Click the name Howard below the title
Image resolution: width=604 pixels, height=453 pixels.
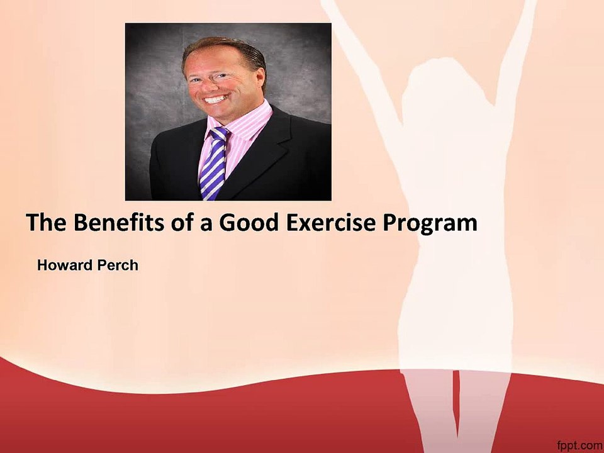(x=64, y=265)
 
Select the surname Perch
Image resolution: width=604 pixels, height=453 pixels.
(x=117, y=265)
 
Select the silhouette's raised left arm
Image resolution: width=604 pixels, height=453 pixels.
(x=359, y=57)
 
